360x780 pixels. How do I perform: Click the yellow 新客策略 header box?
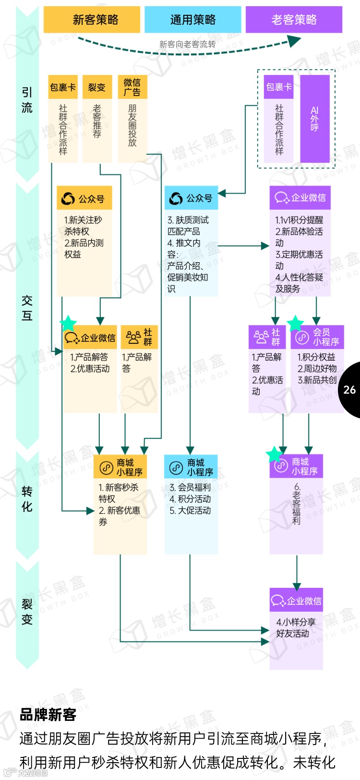[x=92, y=20]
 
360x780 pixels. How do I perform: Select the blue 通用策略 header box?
[x=192, y=20]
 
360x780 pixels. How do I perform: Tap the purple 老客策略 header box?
[x=294, y=20]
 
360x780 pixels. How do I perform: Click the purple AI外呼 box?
[x=315, y=119]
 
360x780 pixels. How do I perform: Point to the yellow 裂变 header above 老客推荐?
[x=97, y=87]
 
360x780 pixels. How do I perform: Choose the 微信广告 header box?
[x=132, y=87]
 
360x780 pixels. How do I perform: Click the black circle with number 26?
[x=350, y=390]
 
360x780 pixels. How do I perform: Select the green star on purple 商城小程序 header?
[x=274, y=453]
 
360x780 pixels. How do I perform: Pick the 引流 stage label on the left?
[x=27, y=100]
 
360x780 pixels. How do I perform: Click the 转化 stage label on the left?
[x=27, y=499]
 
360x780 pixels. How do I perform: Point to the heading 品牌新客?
[x=48, y=715]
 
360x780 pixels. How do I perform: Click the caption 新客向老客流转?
[x=187, y=44]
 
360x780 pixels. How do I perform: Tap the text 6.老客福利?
[x=296, y=504]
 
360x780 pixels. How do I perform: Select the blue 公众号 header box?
[x=191, y=198]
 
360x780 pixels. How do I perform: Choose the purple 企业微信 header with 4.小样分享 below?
[x=296, y=600]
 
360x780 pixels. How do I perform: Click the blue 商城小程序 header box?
[x=191, y=467]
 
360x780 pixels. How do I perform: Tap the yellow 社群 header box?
[x=139, y=337]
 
